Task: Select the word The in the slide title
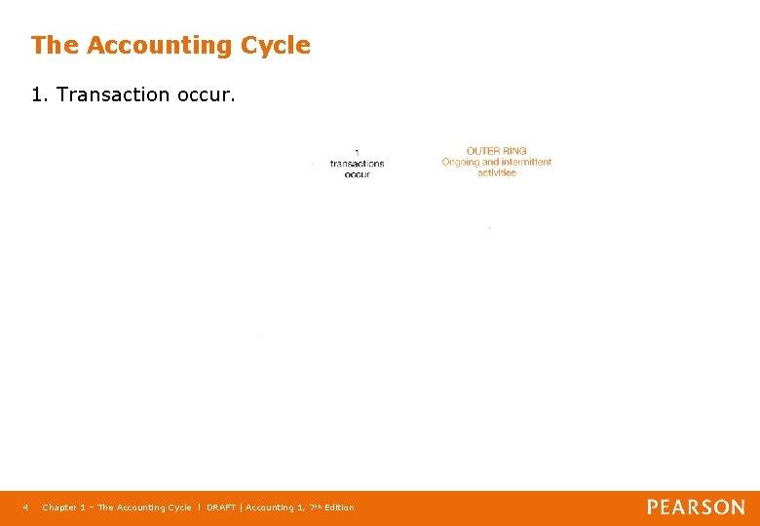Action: pyautogui.click(x=56, y=45)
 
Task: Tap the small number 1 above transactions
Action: pyautogui.click(x=357, y=152)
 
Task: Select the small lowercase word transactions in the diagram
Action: pyautogui.click(x=357, y=163)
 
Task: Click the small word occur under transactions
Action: pyautogui.click(x=357, y=173)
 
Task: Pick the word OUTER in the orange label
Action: pyautogui.click(x=482, y=151)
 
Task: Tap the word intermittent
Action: pyautogui.click(x=525, y=162)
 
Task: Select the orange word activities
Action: pyautogui.click(x=497, y=172)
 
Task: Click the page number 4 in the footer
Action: pyautogui.click(x=26, y=507)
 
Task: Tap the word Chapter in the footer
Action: pyautogui.click(x=59, y=507)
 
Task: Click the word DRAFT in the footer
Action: pyautogui.click(x=221, y=507)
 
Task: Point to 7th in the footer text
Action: pyautogui.click(x=313, y=507)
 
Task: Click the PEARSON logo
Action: pyautogui.click(x=696, y=507)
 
